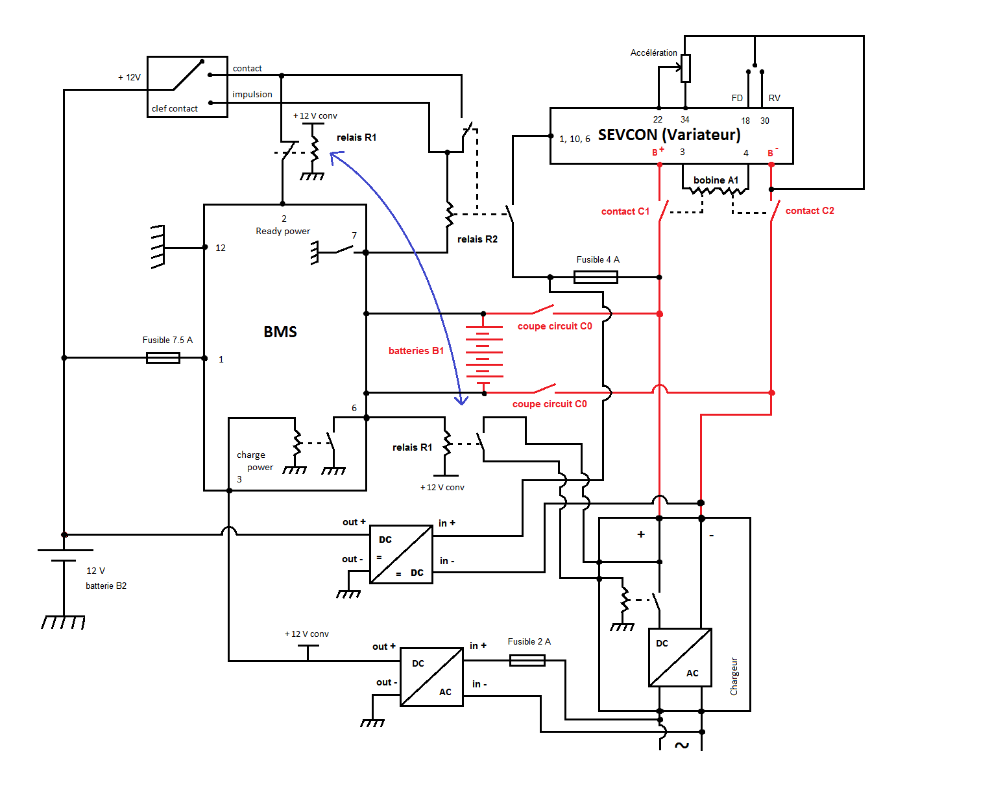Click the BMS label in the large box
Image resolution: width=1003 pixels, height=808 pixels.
pos(280,332)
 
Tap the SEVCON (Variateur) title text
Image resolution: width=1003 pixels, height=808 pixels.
pos(669,135)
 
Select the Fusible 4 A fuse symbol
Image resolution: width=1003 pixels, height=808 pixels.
pos(596,278)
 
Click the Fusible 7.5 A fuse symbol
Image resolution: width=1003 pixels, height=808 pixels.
pos(163,358)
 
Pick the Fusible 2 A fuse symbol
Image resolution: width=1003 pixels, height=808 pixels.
pos(527,660)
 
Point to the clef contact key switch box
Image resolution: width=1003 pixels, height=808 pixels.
pos(187,87)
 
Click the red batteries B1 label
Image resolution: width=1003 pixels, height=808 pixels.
pos(416,351)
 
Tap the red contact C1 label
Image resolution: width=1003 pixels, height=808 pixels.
pos(625,211)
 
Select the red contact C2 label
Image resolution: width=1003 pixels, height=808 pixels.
pos(810,211)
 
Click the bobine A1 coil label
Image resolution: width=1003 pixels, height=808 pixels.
pos(716,180)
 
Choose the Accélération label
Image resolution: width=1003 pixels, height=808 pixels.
pos(653,53)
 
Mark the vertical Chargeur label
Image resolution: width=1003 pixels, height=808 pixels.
pos(734,676)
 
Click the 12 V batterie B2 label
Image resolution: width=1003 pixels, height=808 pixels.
pos(106,578)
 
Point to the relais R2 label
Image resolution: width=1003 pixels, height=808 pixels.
pos(477,239)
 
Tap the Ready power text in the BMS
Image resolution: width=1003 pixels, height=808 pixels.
pos(283,232)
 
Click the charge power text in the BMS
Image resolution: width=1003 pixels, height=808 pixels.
pos(255,461)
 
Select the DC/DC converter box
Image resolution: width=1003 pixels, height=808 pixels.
pos(401,554)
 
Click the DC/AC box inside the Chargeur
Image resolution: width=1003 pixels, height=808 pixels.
pos(680,658)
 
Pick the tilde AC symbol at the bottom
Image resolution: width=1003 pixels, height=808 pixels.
pos(681,745)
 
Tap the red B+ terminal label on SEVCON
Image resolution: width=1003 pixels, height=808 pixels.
pos(657,152)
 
